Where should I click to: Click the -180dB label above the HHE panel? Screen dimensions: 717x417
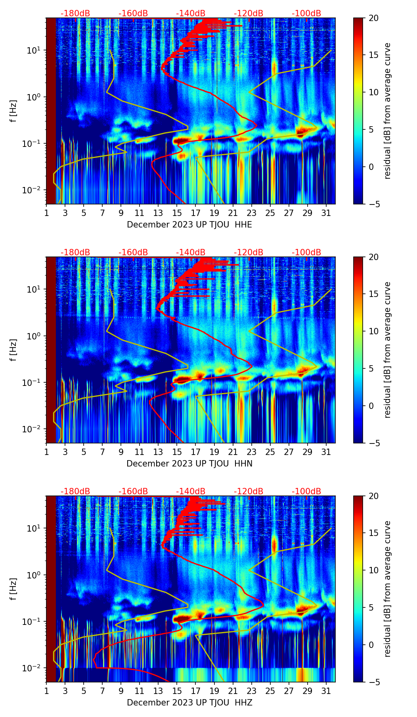click(75, 13)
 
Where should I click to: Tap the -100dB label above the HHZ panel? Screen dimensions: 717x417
click(306, 491)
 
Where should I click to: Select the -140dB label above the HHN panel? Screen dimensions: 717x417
click(191, 252)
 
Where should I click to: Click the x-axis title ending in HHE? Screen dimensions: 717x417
click(189, 225)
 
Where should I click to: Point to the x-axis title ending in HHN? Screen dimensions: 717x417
click(189, 464)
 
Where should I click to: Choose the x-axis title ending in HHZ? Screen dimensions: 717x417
click(189, 703)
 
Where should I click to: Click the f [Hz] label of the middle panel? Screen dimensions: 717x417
click(13, 350)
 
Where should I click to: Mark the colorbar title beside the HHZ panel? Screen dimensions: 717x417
click(387, 589)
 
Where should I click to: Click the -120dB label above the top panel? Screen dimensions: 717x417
click(249, 13)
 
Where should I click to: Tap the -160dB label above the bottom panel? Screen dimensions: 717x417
click(133, 491)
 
